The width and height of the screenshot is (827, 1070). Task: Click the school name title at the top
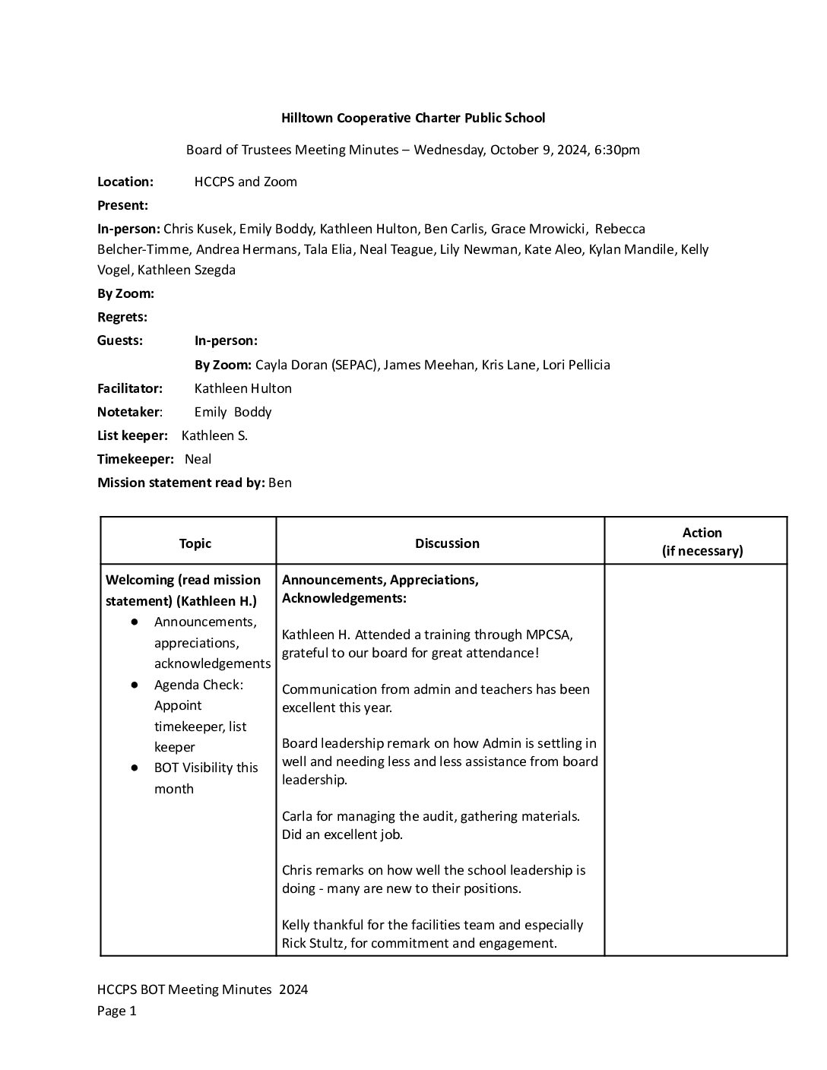click(x=413, y=118)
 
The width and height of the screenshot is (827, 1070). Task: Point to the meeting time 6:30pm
click(x=617, y=150)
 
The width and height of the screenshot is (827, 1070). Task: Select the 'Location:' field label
click(x=125, y=182)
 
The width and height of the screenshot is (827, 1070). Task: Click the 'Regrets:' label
click(x=122, y=317)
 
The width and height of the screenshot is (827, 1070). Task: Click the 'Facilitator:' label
click(x=130, y=388)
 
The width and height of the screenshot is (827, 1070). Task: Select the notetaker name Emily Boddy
click(x=233, y=412)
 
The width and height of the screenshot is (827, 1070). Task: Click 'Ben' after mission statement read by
click(x=280, y=483)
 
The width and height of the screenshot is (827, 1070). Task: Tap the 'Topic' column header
click(x=195, y=543)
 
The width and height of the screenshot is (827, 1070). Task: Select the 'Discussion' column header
click(x=447, y=543)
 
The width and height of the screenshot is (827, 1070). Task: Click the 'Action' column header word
click(x=702, y=533)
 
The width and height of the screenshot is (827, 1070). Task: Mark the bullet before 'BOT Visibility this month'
click(x=135, y=768)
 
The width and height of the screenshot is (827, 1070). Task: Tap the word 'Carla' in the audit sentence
click(x=297, y=816)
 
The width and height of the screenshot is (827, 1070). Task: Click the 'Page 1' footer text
click(x=117, y=1011)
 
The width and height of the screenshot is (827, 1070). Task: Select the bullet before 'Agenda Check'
click(x=135, y=685)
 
